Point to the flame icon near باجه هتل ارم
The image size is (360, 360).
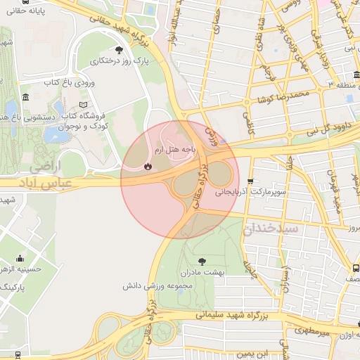(147, 167)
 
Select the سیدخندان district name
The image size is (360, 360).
(271, 229)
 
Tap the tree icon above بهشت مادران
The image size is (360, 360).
(203, 261)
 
